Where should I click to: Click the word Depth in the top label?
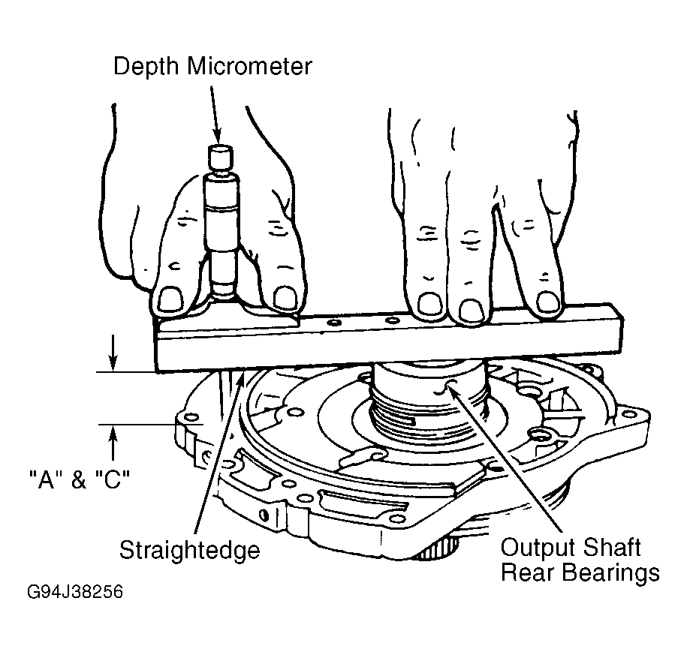[x=146, y=67]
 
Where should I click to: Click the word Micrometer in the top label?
[x=250, y=66]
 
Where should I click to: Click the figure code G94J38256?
[x=75, y=592]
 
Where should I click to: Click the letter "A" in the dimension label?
[x=46, y=479]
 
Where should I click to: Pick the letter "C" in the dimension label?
[x=113, y=479]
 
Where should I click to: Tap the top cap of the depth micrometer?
[x=221, y=157]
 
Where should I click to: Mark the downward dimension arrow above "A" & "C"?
[x=113, y=353]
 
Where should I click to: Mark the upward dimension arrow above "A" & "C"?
[x=113, y=443]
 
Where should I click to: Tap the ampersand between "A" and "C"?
[x=79, y=480]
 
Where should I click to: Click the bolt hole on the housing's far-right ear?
[x=630, y=414]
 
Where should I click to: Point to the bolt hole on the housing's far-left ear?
[x=191, y=417]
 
